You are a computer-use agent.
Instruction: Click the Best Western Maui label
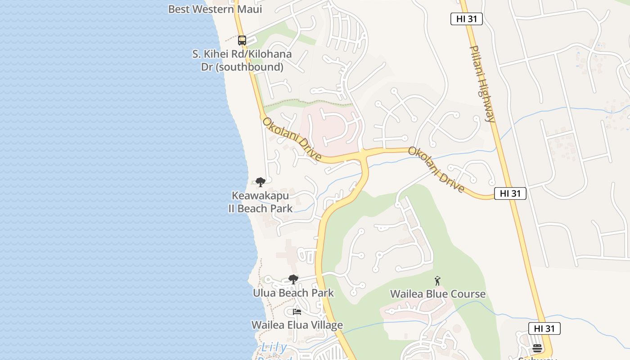(215, 9)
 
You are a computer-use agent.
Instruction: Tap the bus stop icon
(242, 40)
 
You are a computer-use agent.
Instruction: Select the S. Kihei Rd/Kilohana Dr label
(242, 61)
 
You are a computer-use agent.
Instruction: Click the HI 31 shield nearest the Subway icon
(544, 328)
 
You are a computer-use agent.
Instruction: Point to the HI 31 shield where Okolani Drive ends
(510, 193)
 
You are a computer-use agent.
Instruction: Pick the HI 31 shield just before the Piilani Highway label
(466, 19)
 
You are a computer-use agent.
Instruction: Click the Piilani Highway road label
(482, 84)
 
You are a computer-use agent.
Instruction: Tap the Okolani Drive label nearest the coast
(292, 139)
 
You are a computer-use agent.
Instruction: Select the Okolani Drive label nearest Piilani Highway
(436, 169)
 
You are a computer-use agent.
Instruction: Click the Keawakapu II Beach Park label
(260, 202)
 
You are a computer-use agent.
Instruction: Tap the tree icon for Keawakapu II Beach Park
(260, 182)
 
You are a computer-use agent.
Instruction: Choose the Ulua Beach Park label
(293, 293)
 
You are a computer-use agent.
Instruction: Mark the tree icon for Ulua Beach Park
(293, 279)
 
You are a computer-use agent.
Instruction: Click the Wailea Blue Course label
(437, 294)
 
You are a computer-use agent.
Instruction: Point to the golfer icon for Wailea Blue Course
(437, 281)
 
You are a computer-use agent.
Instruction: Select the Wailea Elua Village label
(297, 325)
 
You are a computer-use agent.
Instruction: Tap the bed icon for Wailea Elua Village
(297, 311)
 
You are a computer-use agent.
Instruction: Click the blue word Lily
(274, 347)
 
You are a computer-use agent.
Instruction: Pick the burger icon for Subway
(537, 348)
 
